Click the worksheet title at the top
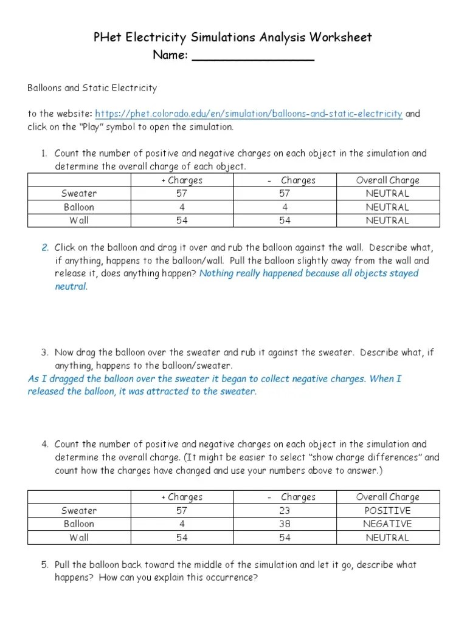point(233,38)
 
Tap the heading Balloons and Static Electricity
point(92,88)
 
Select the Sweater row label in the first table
point(79,194)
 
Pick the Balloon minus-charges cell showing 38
point(285,524)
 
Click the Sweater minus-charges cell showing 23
point(285,510)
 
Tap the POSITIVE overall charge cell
point(387,510)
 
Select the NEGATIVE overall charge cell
point(387,524)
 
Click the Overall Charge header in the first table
point(387,180)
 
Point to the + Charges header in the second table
point(182,497)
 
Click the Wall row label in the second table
point(79,537)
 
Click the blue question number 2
point(45,248)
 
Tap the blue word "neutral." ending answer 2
point(71,287)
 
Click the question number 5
point(45,565)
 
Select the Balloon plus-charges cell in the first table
point(182,207)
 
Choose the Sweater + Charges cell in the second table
point(182,510)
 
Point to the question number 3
point(45,352)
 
